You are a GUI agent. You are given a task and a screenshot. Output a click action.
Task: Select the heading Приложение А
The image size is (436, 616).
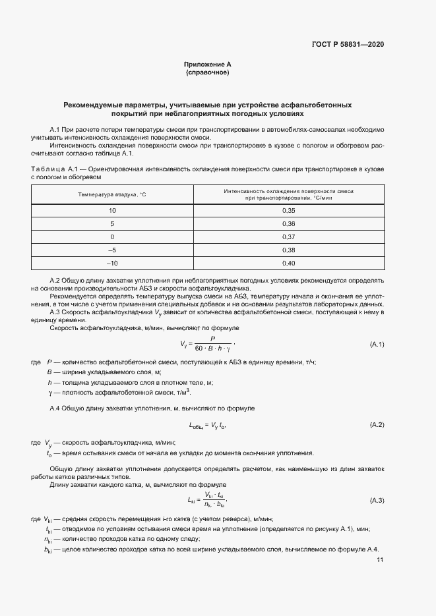pos(208,64)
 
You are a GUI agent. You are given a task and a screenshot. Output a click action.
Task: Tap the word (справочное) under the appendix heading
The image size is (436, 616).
pos(208,72)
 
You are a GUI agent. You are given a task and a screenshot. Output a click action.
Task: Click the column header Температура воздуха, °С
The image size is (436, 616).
pos(112,195)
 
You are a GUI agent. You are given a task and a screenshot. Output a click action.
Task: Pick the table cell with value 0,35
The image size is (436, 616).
pos(288,210)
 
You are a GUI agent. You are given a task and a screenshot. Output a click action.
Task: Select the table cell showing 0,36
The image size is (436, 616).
pos(288,223)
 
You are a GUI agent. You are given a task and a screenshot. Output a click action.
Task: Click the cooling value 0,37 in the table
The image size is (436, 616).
pos(288,237)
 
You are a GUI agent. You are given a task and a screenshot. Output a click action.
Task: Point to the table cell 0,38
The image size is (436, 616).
pos(288,250)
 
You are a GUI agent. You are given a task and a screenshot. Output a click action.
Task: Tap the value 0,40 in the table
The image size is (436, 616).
pos(288,264)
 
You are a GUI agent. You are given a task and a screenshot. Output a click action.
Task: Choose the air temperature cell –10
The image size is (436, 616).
pos(112,264)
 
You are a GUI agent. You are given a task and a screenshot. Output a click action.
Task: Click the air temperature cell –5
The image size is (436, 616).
pos(112,250)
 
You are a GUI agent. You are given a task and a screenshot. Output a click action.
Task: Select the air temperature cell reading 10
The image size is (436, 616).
pos(112,210)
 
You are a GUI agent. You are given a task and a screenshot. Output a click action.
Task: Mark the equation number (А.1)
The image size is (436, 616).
pos(377,345)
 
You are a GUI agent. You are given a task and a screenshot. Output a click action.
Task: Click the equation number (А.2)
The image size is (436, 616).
pos(377,425)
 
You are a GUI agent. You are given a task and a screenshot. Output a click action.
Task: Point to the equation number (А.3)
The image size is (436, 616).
pos(377,501)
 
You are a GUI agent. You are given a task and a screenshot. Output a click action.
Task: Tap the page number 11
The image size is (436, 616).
pos(380,560)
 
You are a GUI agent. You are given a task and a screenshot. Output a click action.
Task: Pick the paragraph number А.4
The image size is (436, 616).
pos(55,409)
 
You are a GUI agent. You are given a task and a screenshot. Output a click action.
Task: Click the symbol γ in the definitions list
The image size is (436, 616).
pos(49,392)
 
